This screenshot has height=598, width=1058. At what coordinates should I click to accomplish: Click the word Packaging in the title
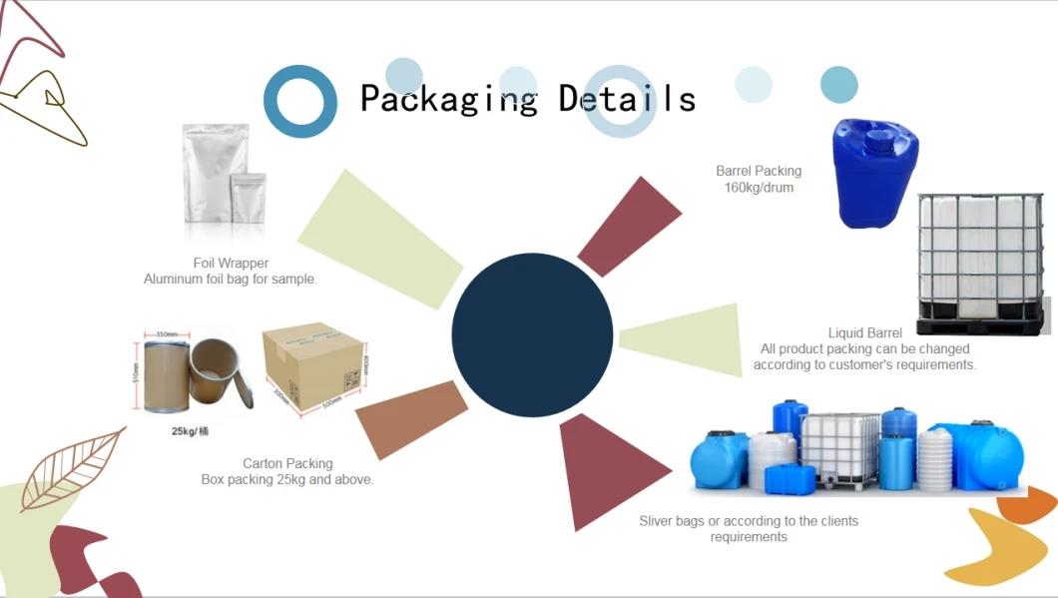point(448,99)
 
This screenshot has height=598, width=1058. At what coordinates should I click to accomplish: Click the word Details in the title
point(627,99)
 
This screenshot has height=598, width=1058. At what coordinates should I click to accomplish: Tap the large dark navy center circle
point(532,334)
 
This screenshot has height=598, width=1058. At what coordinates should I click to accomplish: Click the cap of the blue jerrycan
point(879,135)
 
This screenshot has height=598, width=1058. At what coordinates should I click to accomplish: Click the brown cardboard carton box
point(312,364)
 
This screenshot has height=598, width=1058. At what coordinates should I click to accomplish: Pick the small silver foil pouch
point(248,198)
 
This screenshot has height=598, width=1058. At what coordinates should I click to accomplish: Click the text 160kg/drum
point(759,187)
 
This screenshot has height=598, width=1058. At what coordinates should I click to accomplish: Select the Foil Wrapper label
point(231,263)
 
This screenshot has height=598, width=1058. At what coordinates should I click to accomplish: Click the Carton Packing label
point(287,463)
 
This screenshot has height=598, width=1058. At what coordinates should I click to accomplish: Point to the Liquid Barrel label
point(864,332)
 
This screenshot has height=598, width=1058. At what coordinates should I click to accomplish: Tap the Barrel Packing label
point(759,171)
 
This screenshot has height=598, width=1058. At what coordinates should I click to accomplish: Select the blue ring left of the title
point(299,101)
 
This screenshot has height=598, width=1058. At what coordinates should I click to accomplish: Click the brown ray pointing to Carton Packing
point(412,419)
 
